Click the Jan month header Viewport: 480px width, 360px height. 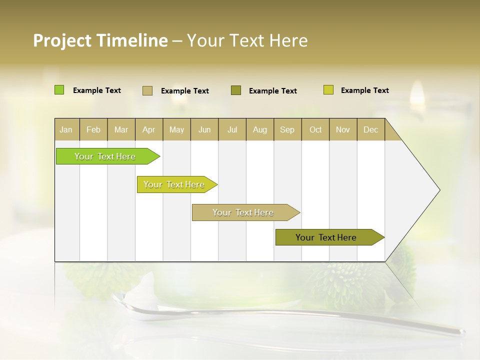click(66, 129)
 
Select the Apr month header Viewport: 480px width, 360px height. click(148, 129)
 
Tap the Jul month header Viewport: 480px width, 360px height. click(232, 129)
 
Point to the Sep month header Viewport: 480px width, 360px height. click(287, 129)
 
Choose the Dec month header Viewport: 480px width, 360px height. click(370, 129)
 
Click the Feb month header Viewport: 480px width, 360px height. click(93, 129)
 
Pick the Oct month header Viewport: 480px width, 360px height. click(315, 129)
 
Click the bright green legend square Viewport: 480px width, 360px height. click(59, 90)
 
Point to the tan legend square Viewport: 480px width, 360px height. click(147, 90)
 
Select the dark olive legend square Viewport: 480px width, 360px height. click(236, 90)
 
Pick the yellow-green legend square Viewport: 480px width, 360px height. click(328, 90)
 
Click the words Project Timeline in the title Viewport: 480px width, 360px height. click(100, 40)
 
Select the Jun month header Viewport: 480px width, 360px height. click(204, 129)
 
